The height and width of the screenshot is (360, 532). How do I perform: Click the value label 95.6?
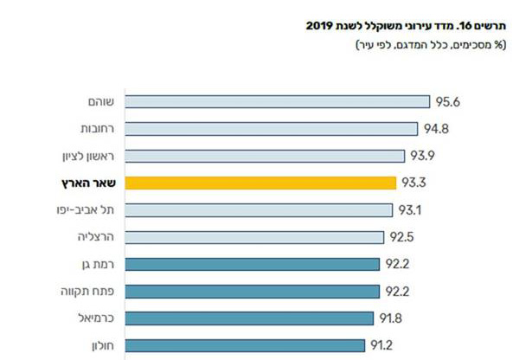point(447,102)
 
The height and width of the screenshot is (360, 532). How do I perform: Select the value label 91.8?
point(392,318)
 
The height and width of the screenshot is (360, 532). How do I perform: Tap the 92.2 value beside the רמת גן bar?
point(397,264)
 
